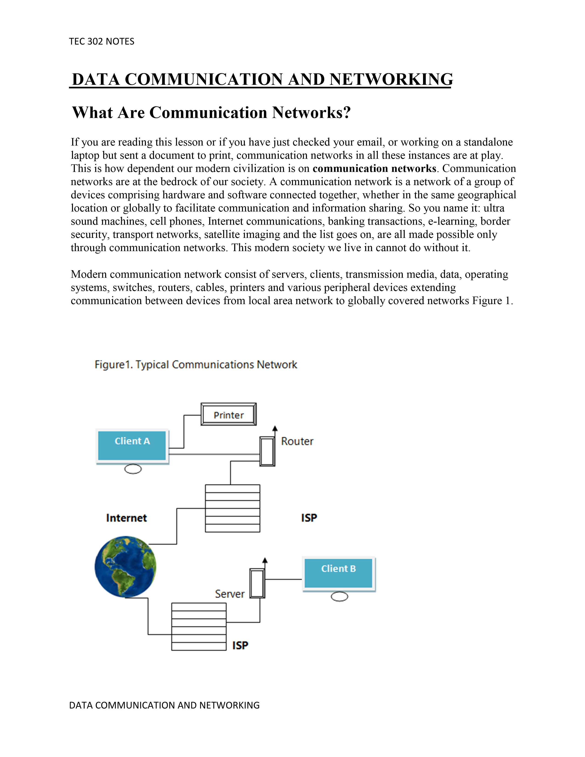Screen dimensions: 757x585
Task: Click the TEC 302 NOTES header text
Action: click(102, 42)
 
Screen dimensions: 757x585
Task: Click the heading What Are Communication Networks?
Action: click(212, 113)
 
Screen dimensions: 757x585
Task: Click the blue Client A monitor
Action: click(132, 445)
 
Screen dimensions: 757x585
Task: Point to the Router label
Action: click(297, 441)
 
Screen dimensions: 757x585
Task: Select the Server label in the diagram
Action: click(229, 594)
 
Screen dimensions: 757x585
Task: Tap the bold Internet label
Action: click(126, 518)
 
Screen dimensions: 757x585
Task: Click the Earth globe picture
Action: click(125, 566)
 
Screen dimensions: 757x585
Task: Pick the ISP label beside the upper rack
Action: click(309, 518)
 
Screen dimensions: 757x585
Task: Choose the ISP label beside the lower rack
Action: click(240, 645)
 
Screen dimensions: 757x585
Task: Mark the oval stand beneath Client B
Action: click(339, 596)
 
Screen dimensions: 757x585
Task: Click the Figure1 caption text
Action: click(196, 365)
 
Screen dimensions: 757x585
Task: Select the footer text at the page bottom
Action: click(164, 705)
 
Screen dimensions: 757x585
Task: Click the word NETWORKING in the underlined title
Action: click(391, 79)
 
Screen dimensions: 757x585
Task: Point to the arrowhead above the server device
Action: click(265, 560)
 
